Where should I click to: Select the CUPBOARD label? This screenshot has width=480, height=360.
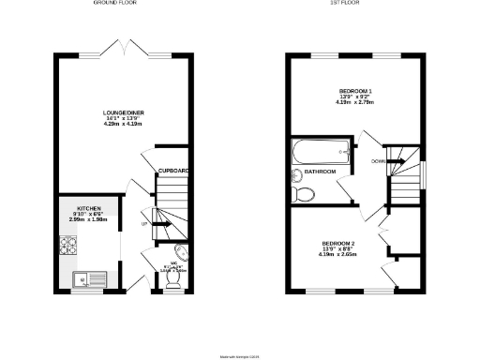(173, 170)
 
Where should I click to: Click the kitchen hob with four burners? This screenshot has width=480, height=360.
(69, 247)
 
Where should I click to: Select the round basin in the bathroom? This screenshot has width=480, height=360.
(298, 173)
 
